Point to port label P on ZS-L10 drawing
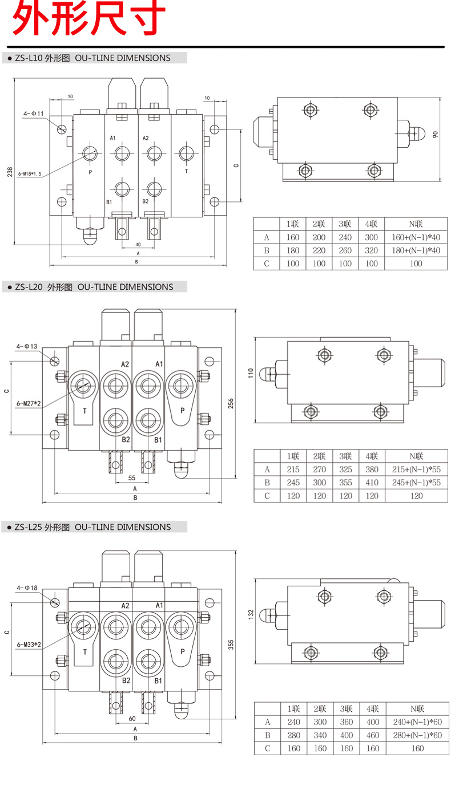coord(90,172)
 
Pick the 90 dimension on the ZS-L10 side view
coord(436,134)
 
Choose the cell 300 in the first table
coord(372,237)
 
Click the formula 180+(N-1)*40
coord(416,250)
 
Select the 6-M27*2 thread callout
coord(29,404)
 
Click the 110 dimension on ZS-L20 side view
coord(249,373)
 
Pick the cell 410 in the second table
coord(372,483)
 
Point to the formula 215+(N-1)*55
coord(417,469)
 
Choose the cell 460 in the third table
coord(372,735)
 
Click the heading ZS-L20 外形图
coord(45,287)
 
